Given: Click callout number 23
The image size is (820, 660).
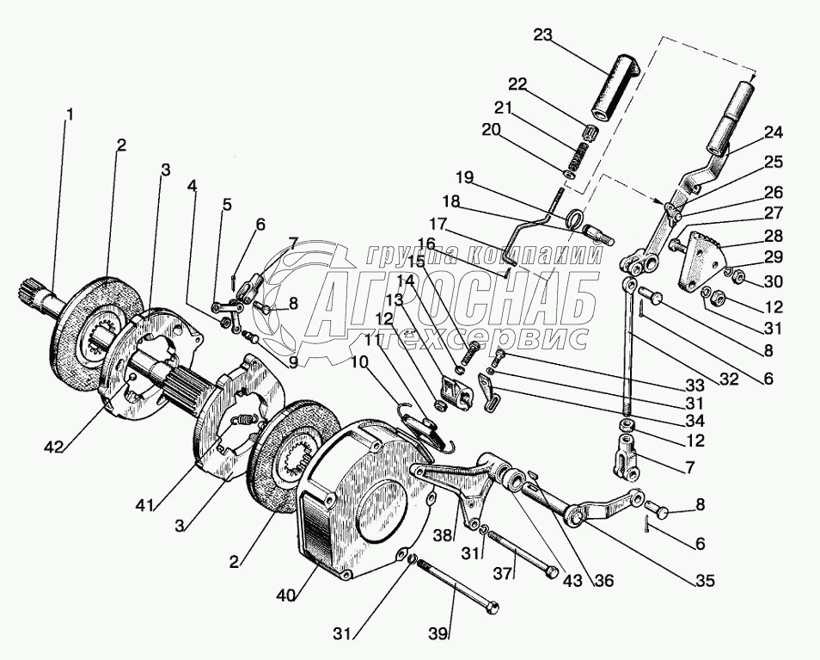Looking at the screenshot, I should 542,34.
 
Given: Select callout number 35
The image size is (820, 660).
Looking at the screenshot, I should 706,580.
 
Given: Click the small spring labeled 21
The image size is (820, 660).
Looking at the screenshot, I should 577,156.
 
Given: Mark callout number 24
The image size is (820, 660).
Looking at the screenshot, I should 774,133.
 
